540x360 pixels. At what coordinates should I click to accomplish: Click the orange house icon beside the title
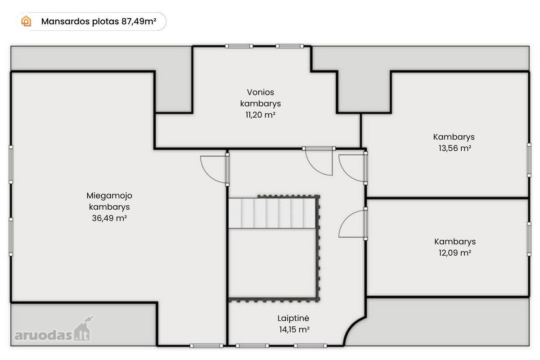pyautogui.click(x=26, y=21)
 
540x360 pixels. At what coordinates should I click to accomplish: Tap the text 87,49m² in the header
pyautogui.click(x=139, y=21)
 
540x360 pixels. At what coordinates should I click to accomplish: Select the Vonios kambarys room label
pyautogui.click(x=261, y=98)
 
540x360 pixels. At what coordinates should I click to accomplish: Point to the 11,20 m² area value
pyautogui.click(x=261, y=115)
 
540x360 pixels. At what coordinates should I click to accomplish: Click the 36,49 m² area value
pyautogui.click(x=109, y=218)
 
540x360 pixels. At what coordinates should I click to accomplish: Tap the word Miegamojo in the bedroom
pyautogui.click(x=109, y=195)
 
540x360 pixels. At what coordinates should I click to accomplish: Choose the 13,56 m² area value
pyautogui.click(x=455, y=148)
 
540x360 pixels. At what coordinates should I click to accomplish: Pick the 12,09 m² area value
pyautogui.click(x=455, y=253)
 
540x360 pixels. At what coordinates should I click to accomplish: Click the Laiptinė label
pyautogui.click(x=293, y=318)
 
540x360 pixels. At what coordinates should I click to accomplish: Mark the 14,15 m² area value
pyautogui.click(x=294, y=329)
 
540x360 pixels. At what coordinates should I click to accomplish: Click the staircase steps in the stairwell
pyautogui.click(x=272, y=213)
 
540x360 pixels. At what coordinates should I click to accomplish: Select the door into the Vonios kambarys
pyautogui.click(x=319, y=161)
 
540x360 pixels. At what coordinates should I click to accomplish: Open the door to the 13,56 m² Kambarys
pyautogui.click(x=353, y=168)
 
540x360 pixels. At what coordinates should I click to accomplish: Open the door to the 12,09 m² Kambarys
pyautogui.click(x=353, y=224)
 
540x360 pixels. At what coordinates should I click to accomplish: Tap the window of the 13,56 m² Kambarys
pyautogui.click(x=529, y=160)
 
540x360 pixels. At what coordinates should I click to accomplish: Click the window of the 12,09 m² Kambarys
pyautogui.click(x=529, y=239)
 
